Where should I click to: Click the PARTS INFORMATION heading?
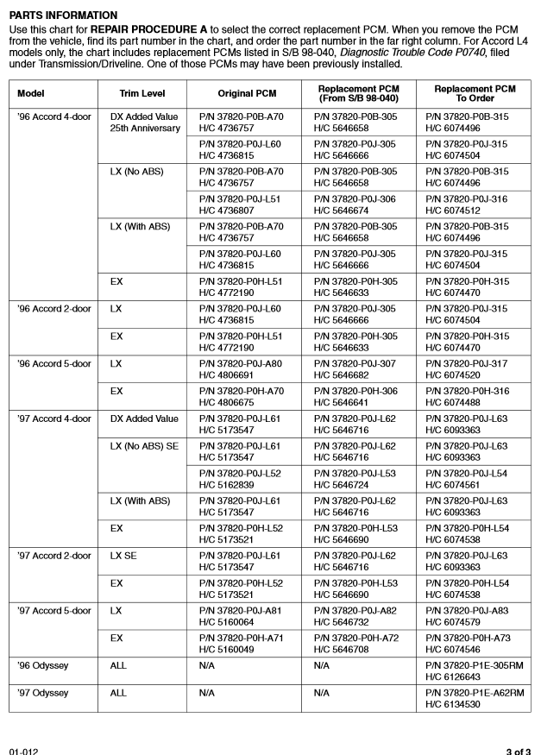62,16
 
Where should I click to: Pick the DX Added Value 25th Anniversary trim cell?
146,122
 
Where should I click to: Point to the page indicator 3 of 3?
519,748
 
